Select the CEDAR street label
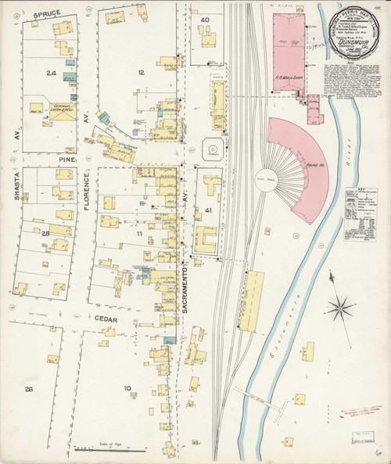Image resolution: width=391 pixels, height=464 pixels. click(x=105, y=318)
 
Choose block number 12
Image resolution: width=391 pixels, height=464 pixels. click(x=141, y=73)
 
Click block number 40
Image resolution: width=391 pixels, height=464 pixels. click(x=206, y=19)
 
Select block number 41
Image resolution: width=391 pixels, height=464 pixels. click(x=207, y=210)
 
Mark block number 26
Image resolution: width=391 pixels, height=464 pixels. click(x=30, y=389)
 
